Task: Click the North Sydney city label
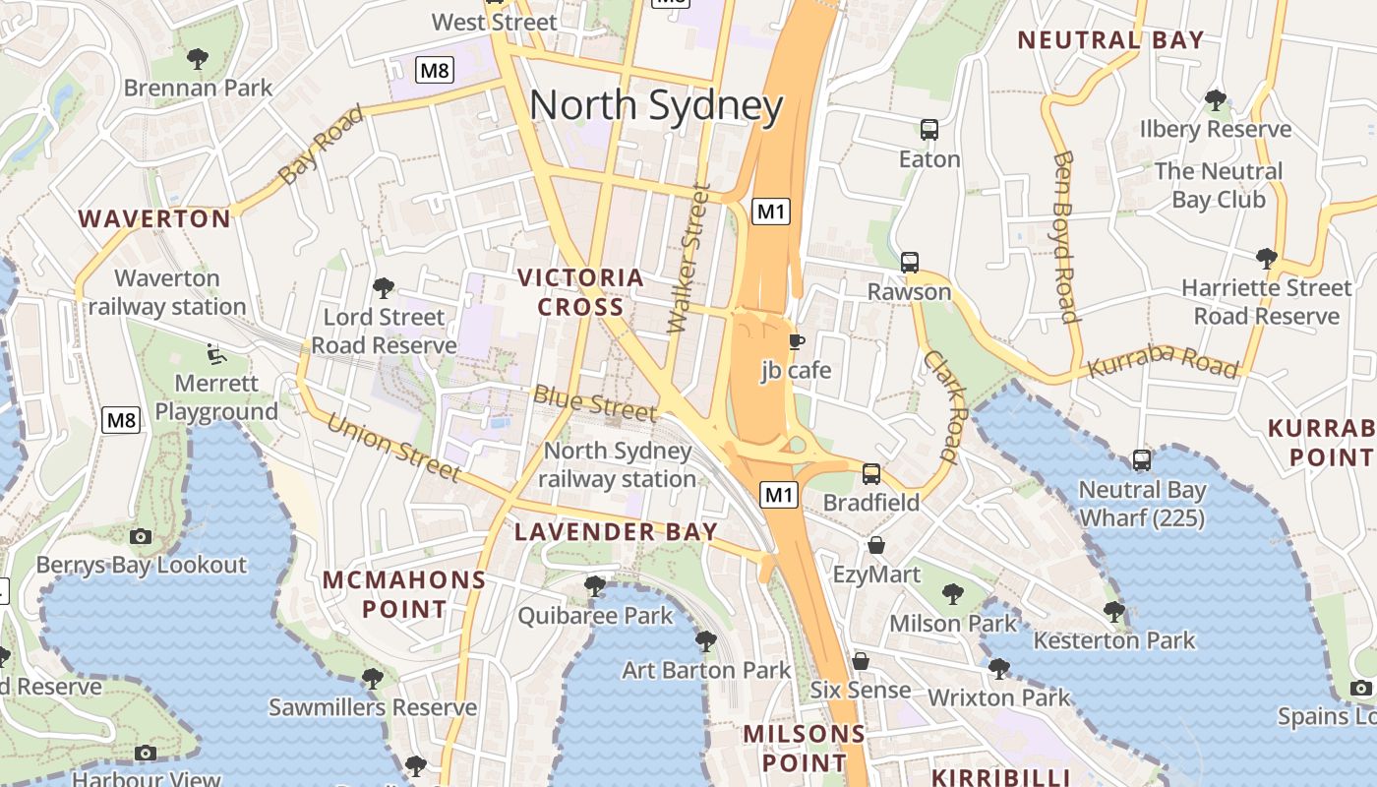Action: tap(656, 106)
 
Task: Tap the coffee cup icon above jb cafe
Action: tap(796, 341)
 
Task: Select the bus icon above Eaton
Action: tap(928, 129)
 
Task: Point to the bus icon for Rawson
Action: tap(910, 263)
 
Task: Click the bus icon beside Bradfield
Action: tap(871, 474)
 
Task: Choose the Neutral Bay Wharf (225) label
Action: tap(1141, 504)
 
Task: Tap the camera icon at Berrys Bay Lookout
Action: tap(141, 536)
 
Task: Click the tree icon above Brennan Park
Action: tap(198, 59)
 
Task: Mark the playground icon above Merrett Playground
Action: tap(216, 353)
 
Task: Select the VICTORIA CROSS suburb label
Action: tap(580, 292)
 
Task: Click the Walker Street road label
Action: tap(688, 259)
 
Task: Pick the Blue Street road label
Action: tap(594, 403)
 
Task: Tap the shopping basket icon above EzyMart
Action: tap(876, 545)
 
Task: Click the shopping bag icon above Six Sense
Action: tap(861, 661)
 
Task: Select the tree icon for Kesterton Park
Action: tap(1113, 612)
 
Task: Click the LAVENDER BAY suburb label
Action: tap(616, 532)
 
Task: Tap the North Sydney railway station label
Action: tap(617, 465)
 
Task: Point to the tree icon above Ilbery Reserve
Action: tap(1216, 100)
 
